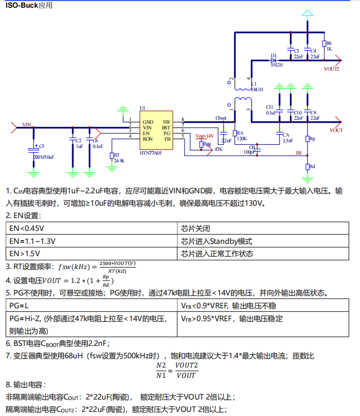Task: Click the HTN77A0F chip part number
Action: click(x=151, y=153)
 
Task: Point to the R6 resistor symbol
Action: click(x=324, y=45)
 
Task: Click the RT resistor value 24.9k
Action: click(x=119, y=161)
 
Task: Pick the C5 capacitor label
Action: click(x=42, y=146)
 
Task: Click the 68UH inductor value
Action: click(x=256, y=89)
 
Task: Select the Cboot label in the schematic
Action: click(x=221, y=118)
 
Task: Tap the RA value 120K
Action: click(x=241, y=138)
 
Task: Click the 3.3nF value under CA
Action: click(x=287, y=140)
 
